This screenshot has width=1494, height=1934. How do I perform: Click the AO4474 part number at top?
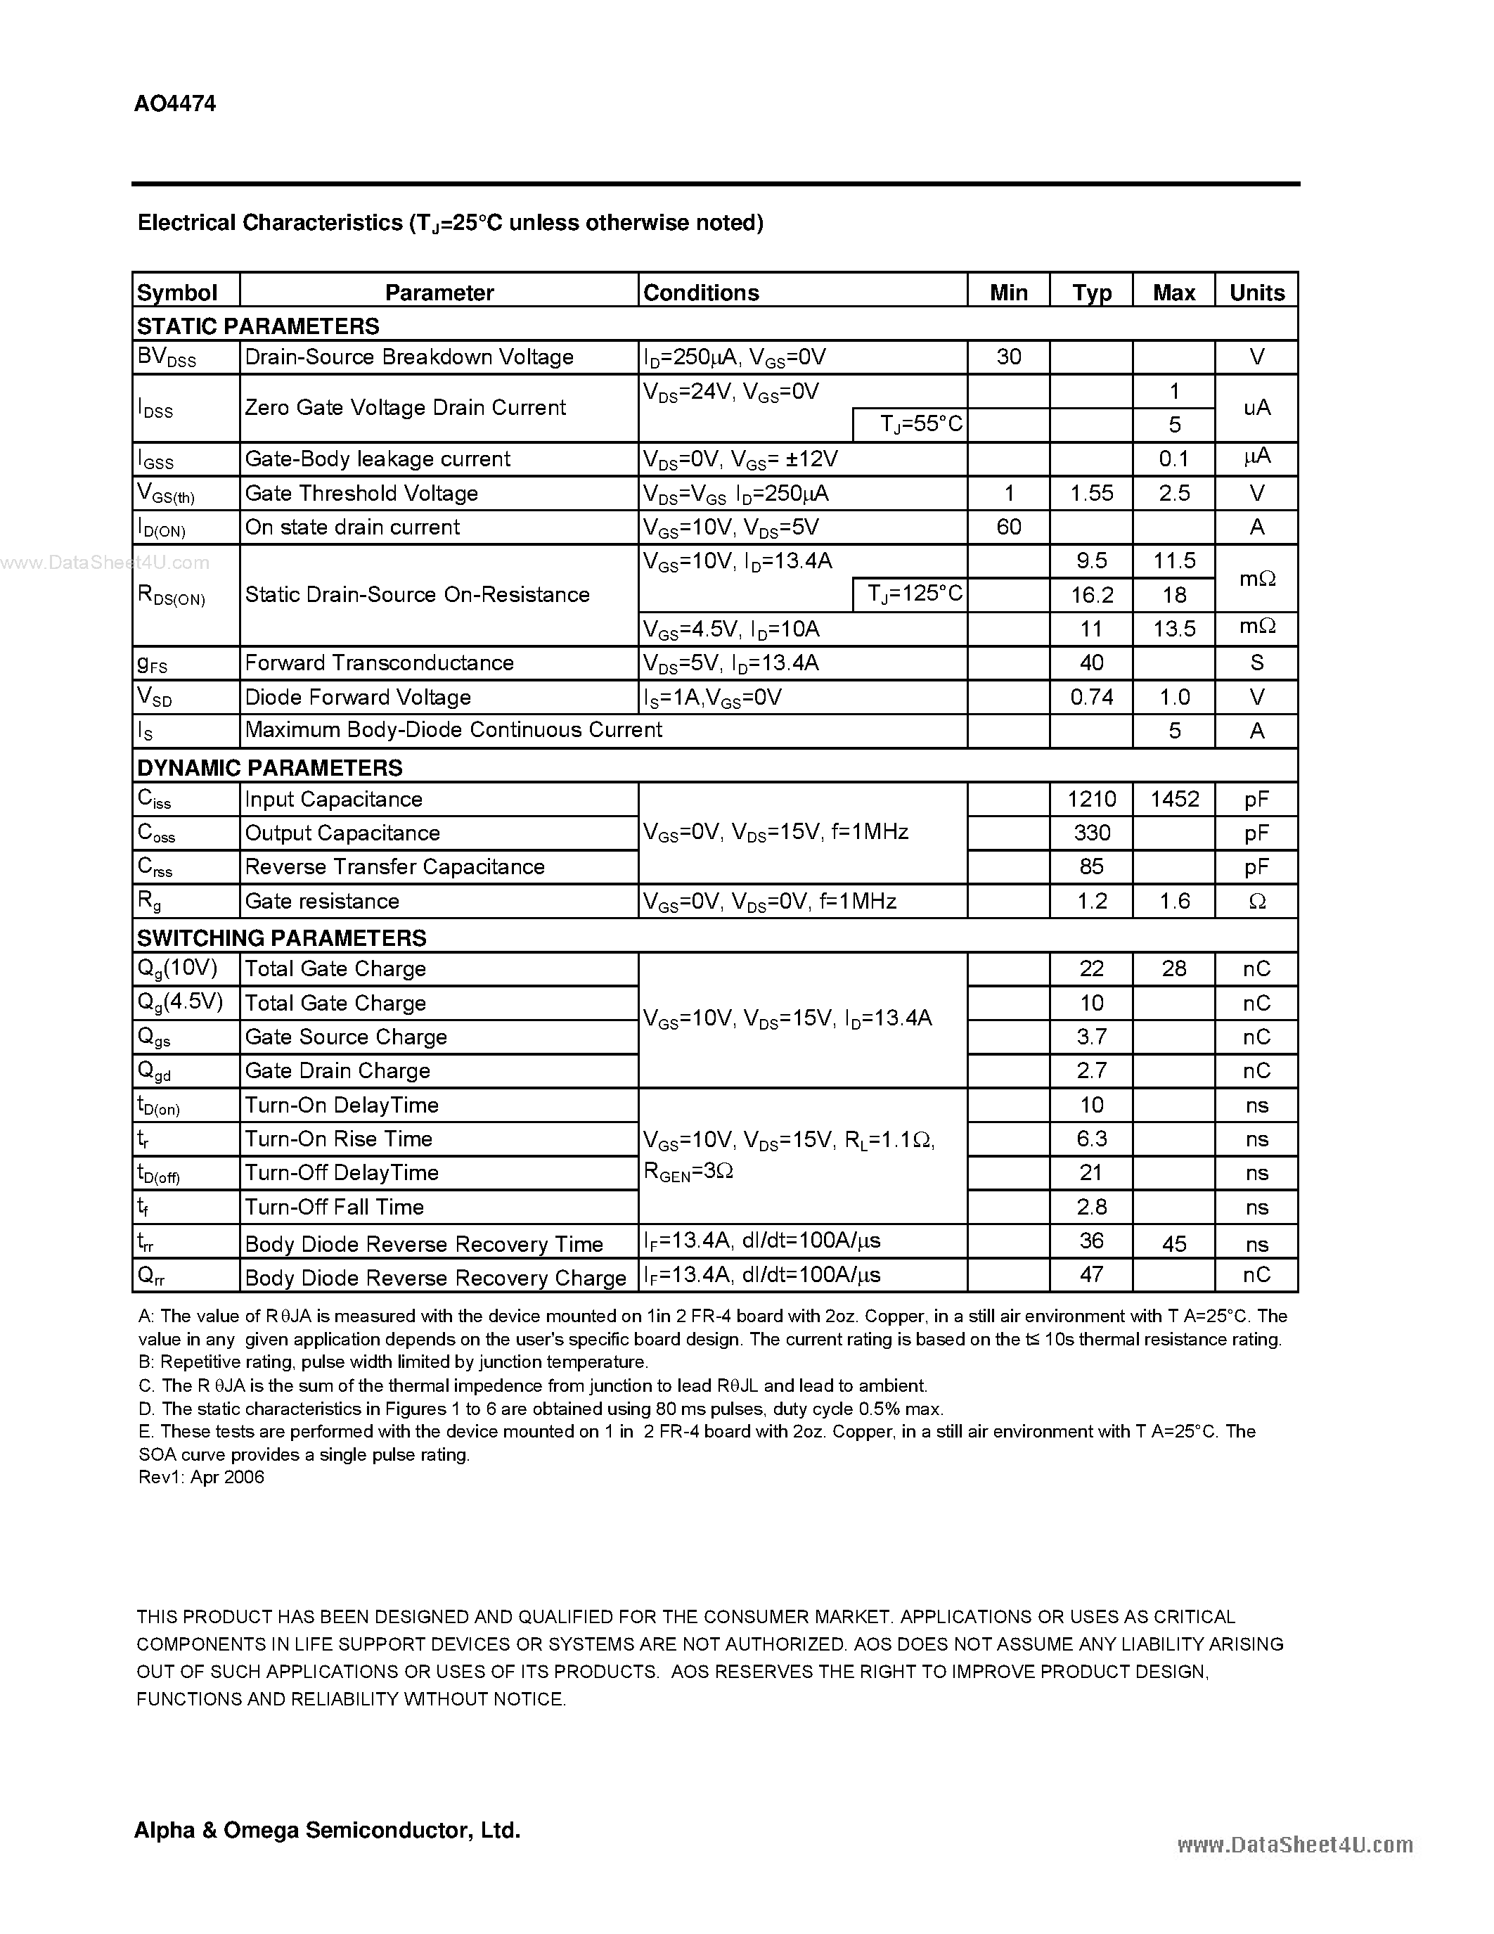coord(174,103)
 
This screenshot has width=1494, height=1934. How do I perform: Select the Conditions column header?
coord(700,293)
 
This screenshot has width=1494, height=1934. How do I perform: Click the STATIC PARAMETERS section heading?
coord(257,326)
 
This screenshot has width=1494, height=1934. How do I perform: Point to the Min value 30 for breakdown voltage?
coord(1008,357)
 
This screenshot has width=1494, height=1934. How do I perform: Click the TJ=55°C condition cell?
coord(920,424)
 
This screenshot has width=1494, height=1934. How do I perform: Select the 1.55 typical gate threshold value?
coord(1090,493)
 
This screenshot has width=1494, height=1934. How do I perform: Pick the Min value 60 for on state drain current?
coord(1008,527)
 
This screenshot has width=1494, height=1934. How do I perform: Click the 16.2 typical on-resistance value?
coord(1090,594)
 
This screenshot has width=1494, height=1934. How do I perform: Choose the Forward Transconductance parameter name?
coord(379,662)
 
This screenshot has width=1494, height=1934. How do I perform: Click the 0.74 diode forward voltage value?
coord(1090,697)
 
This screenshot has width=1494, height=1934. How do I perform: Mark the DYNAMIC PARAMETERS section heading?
coord(269,767)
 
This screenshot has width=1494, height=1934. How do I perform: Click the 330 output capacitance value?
coord(1090,833)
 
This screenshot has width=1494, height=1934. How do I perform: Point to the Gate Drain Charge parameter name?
coord(337,1070)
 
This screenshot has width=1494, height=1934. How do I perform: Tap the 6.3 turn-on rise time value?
coord(1090,1139)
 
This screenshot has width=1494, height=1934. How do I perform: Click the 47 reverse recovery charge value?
coord(1090,1274)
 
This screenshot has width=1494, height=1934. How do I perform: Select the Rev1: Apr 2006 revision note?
coord(201,1477)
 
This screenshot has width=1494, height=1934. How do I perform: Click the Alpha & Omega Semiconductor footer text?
coord(327,1829)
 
